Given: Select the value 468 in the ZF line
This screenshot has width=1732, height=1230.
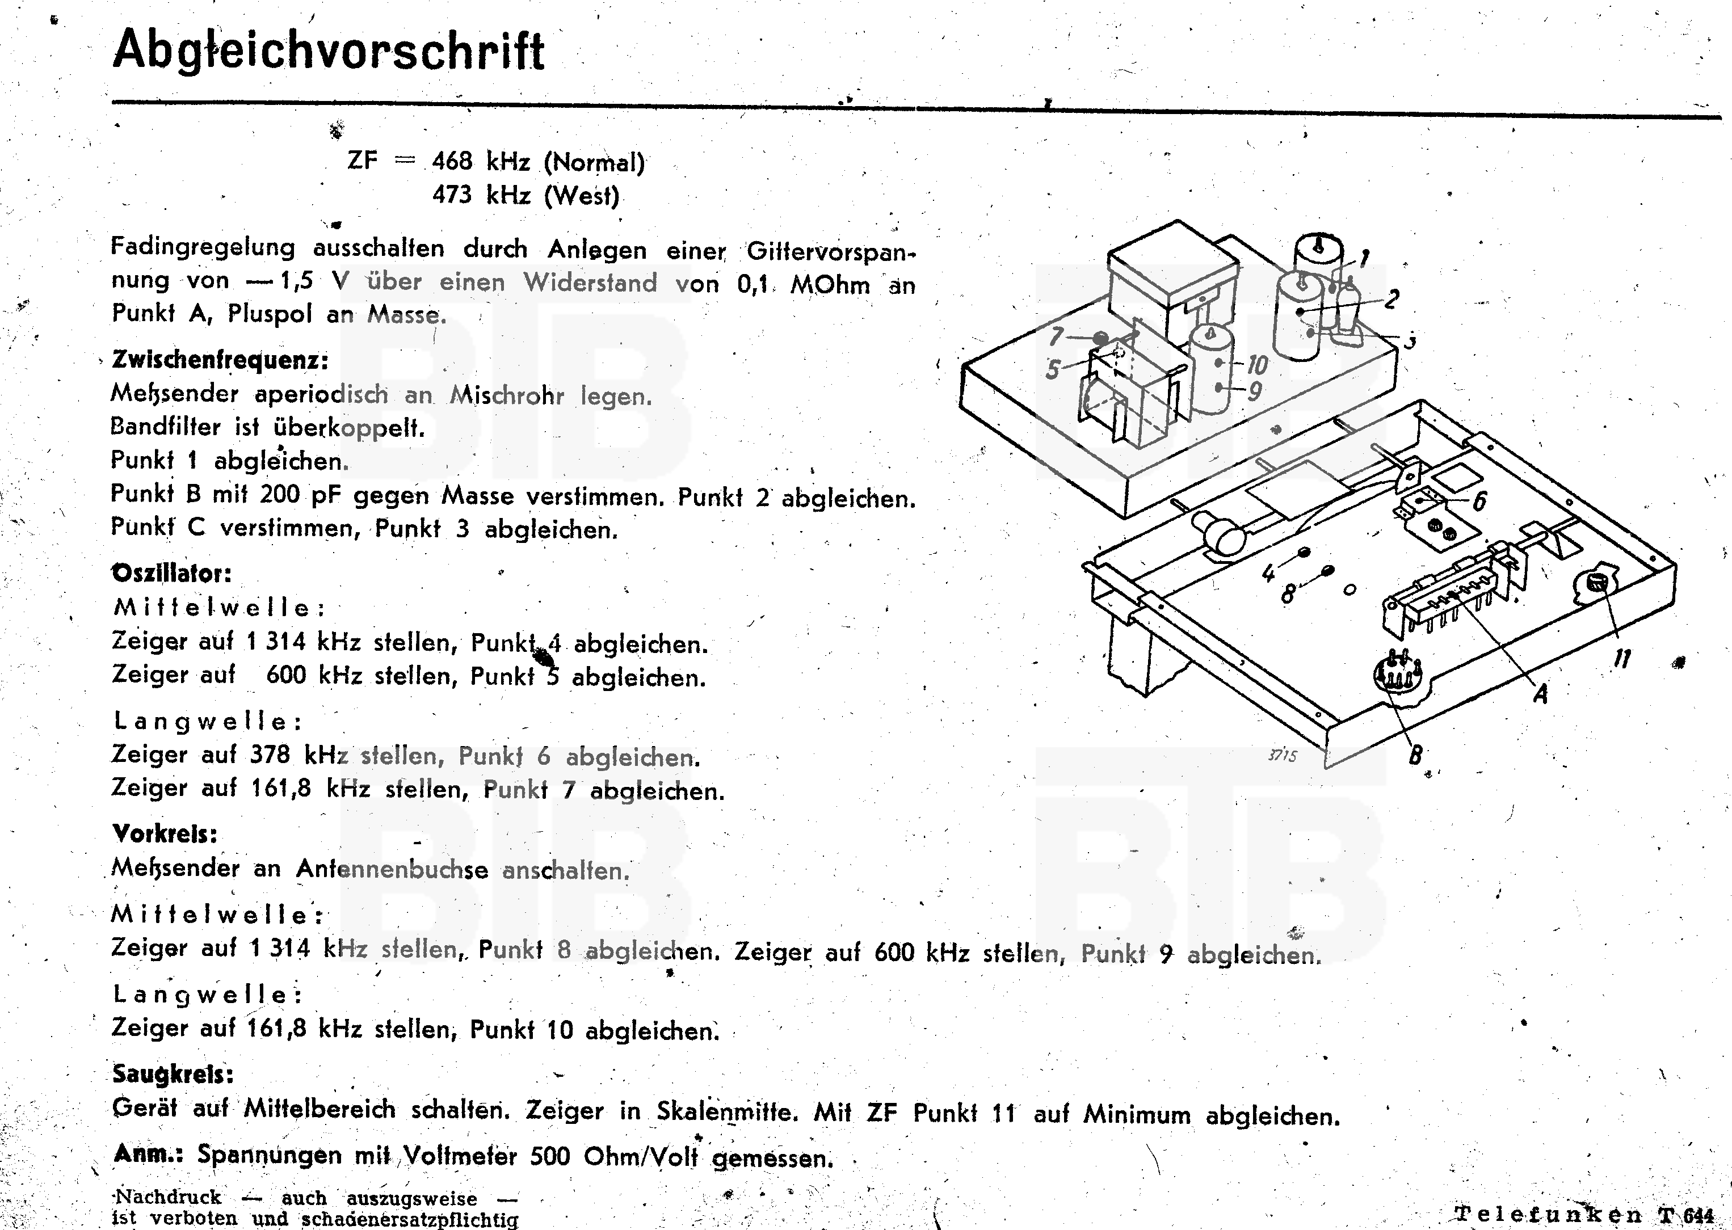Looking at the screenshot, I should (452, 161).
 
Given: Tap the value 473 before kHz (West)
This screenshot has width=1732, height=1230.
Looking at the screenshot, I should (452, 195).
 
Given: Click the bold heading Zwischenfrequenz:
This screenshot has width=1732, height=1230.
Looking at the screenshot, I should (220, 359).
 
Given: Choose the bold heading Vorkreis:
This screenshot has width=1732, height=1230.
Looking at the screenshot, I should (165, 834).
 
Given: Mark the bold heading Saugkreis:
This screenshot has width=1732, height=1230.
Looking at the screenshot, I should (173, 1073).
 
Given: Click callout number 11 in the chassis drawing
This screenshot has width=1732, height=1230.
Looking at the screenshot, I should (1621, 658).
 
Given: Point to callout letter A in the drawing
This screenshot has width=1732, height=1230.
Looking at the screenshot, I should (1540, 693).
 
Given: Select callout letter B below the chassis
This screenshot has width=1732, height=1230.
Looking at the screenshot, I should (1415, 755).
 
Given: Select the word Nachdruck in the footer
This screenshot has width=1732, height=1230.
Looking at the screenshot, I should (167, 1198).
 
